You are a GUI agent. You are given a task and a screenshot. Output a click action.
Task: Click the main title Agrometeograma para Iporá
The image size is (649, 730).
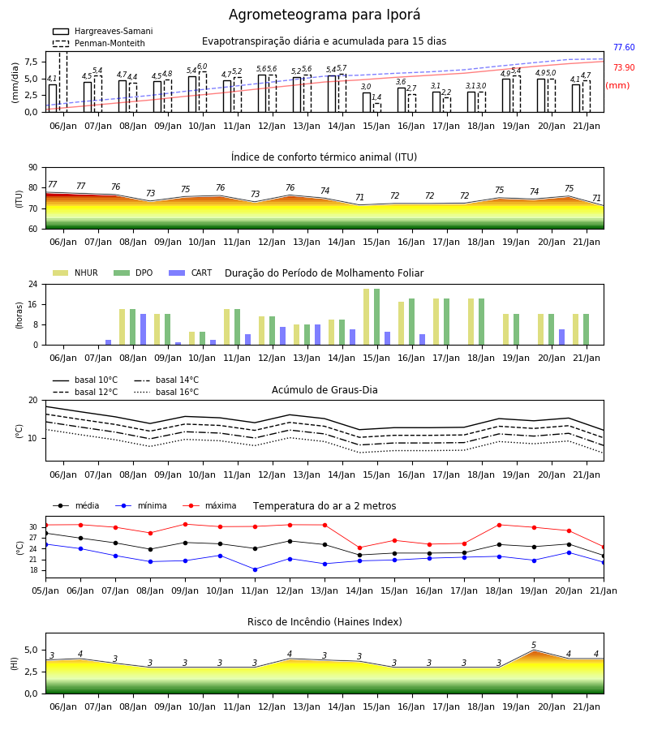click(324, 15)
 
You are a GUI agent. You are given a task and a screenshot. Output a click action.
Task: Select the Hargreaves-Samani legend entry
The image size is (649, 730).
click(103, 31)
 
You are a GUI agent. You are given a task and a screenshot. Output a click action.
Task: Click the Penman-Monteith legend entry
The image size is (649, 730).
click(99, 43)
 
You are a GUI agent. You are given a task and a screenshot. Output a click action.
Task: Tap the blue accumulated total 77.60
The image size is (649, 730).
click(624, 48)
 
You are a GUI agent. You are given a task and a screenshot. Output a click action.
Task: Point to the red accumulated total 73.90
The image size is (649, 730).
click(624, 67)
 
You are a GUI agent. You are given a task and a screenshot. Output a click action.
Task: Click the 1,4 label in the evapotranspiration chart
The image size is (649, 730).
click(376, 97)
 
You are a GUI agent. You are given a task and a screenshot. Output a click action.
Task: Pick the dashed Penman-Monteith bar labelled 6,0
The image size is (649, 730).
click(203, 92)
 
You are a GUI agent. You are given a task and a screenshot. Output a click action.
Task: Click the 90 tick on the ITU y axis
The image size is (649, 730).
click(33, 168)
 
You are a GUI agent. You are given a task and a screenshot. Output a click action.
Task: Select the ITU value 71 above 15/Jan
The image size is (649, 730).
click(359, 197)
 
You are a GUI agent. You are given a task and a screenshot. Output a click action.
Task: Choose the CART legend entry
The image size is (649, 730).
click(191, 273)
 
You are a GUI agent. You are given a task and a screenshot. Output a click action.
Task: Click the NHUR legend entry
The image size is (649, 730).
click(75, 273)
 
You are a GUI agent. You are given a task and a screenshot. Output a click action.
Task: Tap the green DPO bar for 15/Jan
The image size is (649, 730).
click(376, 317)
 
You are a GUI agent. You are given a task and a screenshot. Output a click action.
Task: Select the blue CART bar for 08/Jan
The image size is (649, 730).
click(144, 329)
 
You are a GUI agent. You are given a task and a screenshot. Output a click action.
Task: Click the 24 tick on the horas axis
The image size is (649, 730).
click(33, 284)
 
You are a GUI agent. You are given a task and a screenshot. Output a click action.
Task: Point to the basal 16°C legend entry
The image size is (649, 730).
click(166, 392)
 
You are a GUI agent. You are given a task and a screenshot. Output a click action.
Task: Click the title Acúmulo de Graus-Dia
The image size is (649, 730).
click(324, 390)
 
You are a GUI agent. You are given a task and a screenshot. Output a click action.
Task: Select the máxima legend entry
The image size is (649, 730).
click(209, 505)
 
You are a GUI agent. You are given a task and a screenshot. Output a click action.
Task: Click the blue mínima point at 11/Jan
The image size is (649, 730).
click(255, 569)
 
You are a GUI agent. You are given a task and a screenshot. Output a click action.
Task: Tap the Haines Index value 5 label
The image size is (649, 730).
click(534, 646)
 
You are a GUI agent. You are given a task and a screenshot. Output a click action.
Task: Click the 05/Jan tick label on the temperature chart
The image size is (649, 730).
click(45, 590)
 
